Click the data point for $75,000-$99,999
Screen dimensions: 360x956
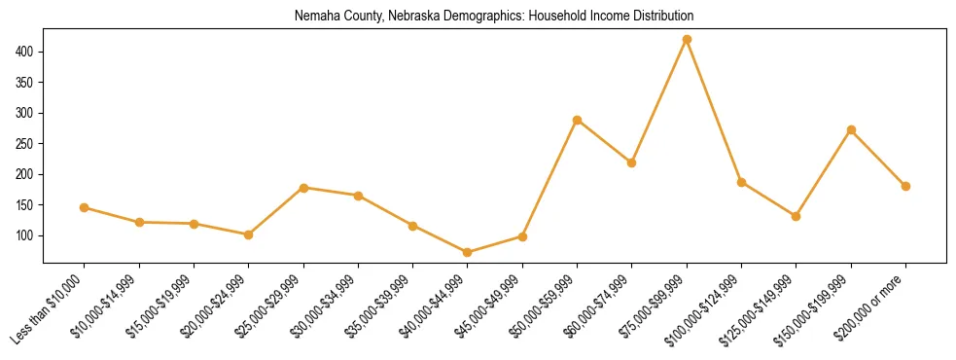pyautogui.click(x=687, y=39)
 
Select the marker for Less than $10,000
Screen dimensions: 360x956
pyautogui.click(x=85, y=207)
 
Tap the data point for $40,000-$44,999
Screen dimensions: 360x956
pyautogui.click(x=468, y=252)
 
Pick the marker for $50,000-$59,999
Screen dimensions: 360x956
pyautogui.click(x=578, y=120)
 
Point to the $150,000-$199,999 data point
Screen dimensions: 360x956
pyautogui.click(x=851, y=129)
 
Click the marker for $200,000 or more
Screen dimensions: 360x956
pyautogui.click(x=905, y=186)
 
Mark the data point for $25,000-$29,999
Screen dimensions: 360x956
pyautogui.click(x=303, y=188)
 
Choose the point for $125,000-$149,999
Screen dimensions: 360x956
pyautogui.click(x=797, y=216)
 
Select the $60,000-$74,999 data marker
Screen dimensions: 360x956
pyautogui.click(x=632, y=162)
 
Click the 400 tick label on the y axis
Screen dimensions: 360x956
pyautogui.click(x=24, y=51)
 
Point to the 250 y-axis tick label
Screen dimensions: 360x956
pyautogui.click(x=24, y=143)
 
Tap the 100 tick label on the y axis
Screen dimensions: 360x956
pyautogui.click(x=24, y=235)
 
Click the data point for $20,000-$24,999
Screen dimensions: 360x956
pyautogui.click(x=249, y=234)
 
